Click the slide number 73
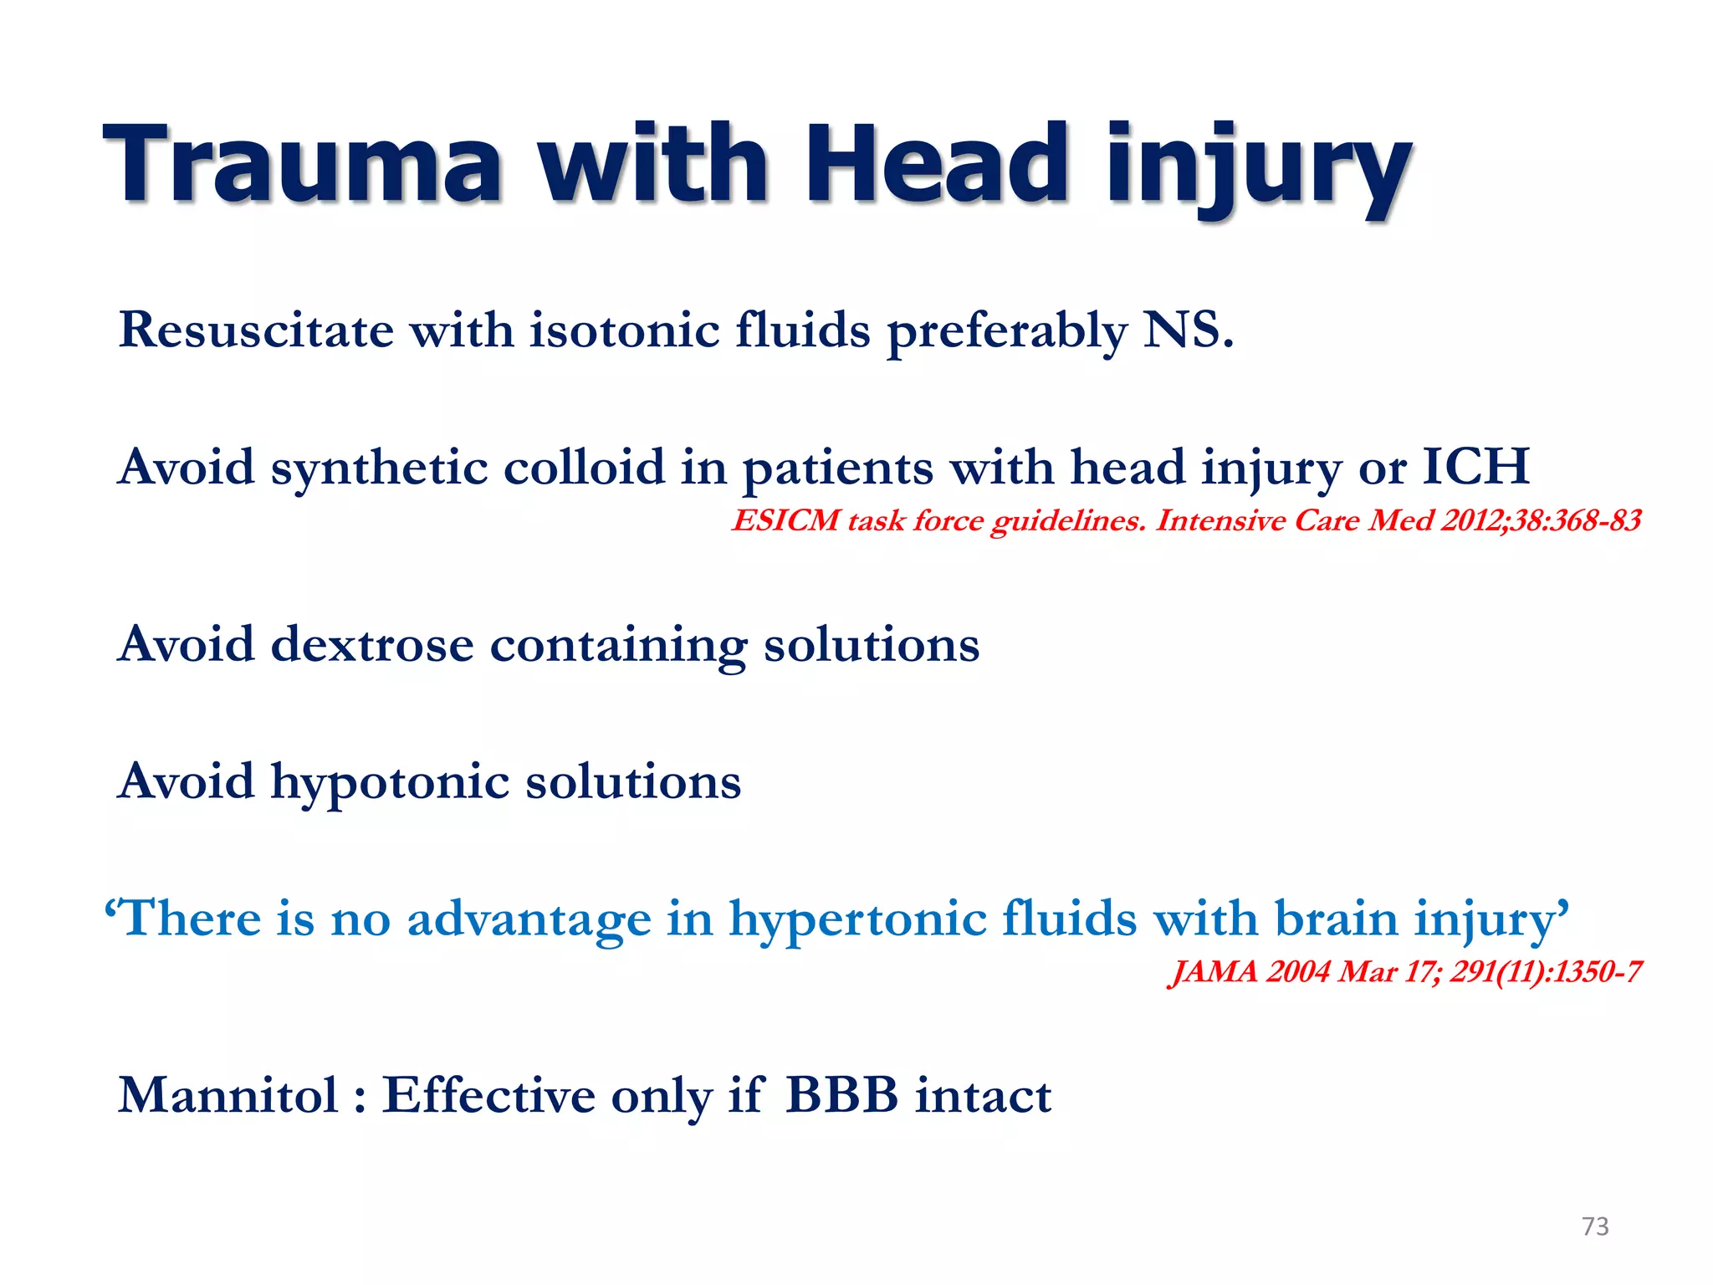(x=1595, y=1226)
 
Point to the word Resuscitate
(x=256, y=330)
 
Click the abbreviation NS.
(x=1188, y=330)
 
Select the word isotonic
(x=624, y=330)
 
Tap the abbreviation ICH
(x=1475, y=467)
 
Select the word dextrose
(x=371, y=645)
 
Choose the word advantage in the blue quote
(x=528, y=919)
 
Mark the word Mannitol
(x=228, y=1095)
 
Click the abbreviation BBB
(x=842, y=1095)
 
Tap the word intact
(x=983, y=1096)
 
